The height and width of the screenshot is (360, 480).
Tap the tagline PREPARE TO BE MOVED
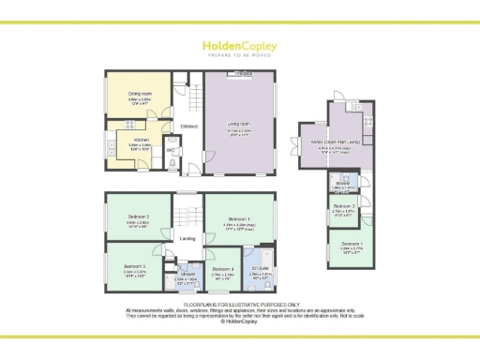240,56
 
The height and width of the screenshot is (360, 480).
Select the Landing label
187,237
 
